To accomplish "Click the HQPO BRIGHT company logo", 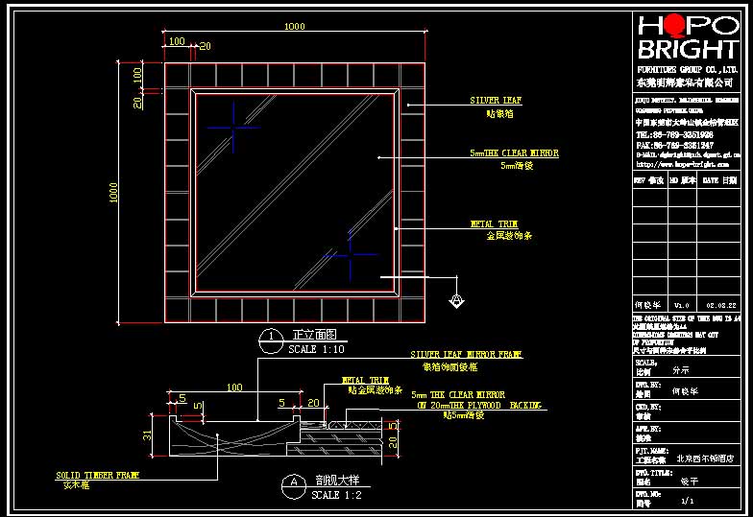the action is [687, 38].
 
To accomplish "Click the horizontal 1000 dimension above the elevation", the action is [295, 27].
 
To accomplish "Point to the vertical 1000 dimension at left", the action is [113, 193].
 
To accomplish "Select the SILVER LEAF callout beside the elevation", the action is [496, 100].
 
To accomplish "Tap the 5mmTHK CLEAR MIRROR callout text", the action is [514, 153].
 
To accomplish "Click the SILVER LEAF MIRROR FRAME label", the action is [466, 354].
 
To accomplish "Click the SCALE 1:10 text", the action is [316, 350].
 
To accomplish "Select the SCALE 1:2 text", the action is [336, 495].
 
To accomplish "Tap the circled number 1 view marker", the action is [273, 337].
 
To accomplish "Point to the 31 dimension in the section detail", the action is [148, 436].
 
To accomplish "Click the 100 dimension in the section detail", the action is [233, 388].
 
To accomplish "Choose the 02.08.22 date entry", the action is [719, 305].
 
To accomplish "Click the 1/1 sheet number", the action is [687, 501].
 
